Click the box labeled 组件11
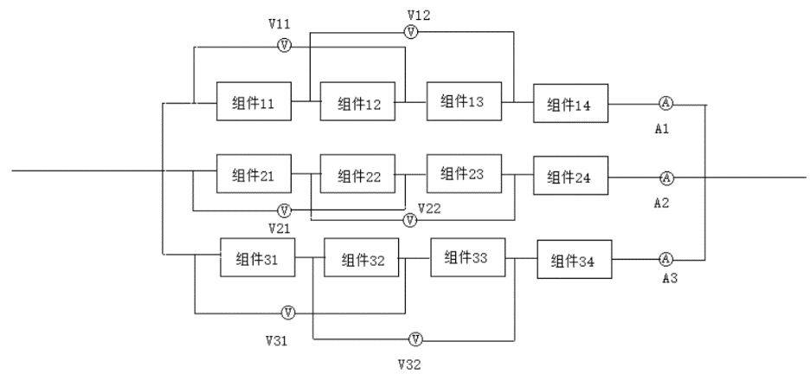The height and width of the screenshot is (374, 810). coord(254,104)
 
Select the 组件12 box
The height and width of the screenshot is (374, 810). coord(357,104)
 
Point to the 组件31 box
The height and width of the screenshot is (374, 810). coord(257,257)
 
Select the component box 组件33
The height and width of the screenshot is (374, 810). coord(466,257)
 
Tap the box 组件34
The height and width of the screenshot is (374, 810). coord(574,261)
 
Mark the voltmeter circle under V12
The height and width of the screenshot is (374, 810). coord(412,32)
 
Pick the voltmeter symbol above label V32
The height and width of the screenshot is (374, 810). coord(416,338)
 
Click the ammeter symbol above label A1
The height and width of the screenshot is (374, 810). coord(665,104)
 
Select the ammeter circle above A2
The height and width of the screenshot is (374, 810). coord(666,178)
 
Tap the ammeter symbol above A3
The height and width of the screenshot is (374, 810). coord(666,259)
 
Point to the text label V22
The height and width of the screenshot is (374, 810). coord(431,209)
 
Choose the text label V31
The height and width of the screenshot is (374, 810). coord(275,341)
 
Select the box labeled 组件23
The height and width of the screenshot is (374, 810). coord(462,172)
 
